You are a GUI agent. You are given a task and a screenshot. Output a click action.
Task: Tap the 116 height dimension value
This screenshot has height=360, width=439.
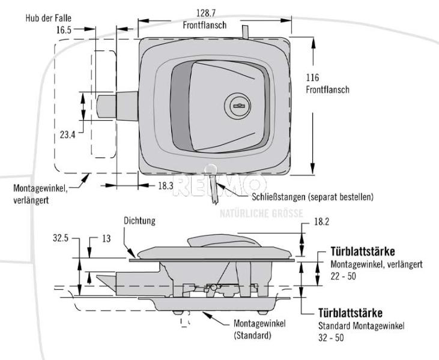312,78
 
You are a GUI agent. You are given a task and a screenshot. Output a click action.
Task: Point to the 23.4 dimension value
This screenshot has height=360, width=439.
68,135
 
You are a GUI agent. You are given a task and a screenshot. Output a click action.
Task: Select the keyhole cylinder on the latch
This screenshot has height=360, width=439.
238,107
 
